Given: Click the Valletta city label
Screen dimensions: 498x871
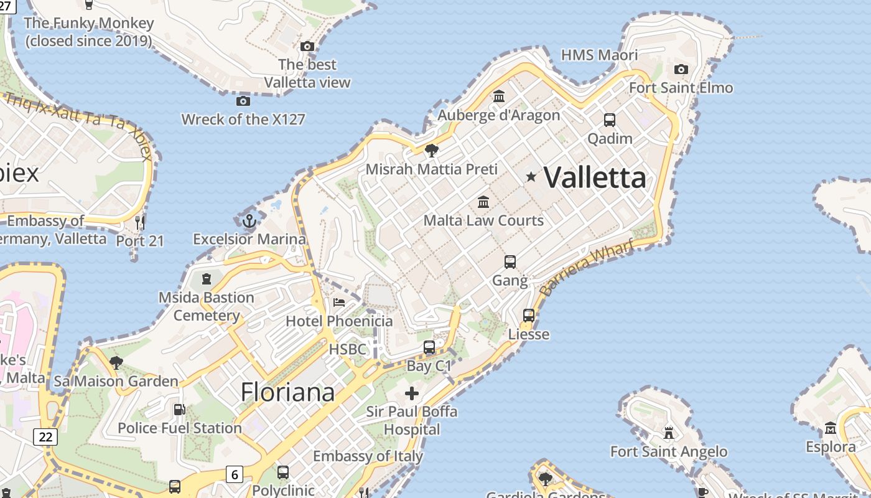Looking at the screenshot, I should tap(595, 178).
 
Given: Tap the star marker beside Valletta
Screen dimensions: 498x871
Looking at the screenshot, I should tap(531, 177).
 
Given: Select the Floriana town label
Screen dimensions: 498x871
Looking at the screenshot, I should tap(287, 392).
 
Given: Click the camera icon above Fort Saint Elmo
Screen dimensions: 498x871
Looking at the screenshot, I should tap(681, 69).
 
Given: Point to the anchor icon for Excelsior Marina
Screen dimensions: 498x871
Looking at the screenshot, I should tap(249, 220).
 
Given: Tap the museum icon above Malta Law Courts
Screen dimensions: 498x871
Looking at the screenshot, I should tap(483, 202).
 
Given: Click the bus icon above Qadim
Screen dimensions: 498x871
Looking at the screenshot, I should tap(610, 120).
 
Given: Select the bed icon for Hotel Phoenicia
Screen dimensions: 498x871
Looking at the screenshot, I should tap(339, 303).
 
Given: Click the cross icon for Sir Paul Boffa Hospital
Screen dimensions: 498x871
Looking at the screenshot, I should tap(411, 393).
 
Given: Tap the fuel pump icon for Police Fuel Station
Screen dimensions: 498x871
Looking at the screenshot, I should tap(179, 410).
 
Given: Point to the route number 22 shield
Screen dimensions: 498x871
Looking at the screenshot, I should tap(45, 437).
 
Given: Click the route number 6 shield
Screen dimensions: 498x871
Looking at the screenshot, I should tap(234, 474).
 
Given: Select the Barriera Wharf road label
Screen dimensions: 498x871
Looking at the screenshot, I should tap(587, 267).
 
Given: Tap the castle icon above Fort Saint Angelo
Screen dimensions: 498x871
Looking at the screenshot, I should tap(669, 433).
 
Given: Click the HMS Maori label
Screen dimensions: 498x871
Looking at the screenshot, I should tap(599, 55).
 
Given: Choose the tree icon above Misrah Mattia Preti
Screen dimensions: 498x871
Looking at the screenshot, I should tap(431, 151).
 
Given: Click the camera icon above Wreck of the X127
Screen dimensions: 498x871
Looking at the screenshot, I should tap(243, 101).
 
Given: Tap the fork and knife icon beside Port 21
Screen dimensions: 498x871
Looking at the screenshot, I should tap(140, 222).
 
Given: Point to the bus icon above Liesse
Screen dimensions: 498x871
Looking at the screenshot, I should tap(529, 316).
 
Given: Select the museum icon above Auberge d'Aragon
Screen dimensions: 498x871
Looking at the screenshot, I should tap(499, 96).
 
